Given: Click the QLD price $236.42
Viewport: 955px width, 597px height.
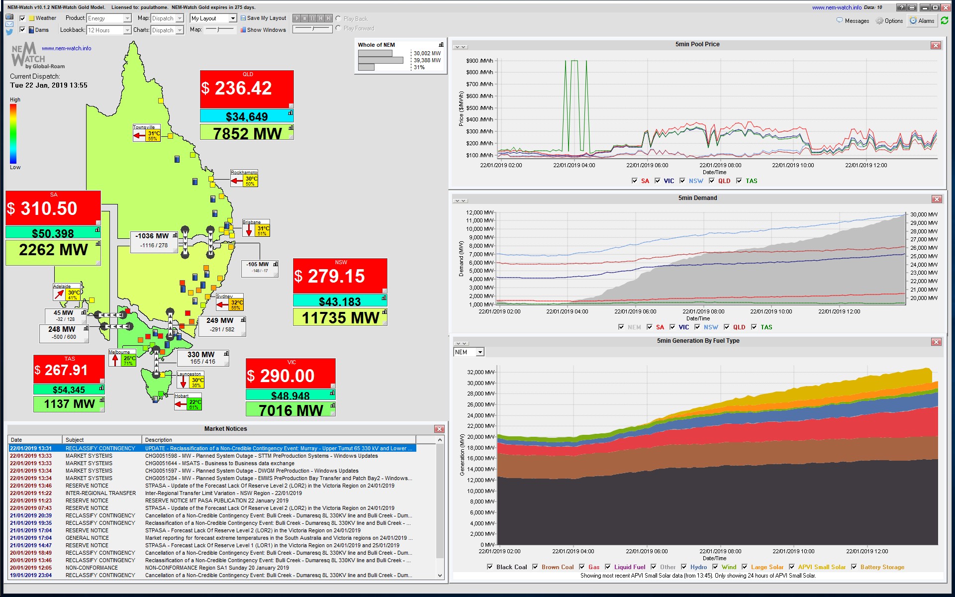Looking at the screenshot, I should tap(243, 89).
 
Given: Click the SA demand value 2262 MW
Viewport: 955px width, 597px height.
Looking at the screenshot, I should tap(53, 250).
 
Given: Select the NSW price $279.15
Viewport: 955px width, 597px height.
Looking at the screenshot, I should tap(336, 276).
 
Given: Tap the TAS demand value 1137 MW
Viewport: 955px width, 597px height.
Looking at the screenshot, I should tap(69, 404).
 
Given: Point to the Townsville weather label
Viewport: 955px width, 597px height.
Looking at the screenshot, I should tap(143, 127).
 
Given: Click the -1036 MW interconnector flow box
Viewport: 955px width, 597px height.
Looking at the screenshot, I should tap(152, 236).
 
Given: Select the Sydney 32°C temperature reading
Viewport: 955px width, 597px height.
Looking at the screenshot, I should tap(237, 302).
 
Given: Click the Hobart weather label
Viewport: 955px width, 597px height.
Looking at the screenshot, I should tap(181, 396).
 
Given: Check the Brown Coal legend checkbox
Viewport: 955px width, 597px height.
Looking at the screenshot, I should tap(535, 567).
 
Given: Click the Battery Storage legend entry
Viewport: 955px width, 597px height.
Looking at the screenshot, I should tap(882, 567).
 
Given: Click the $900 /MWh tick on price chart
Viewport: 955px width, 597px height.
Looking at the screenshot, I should tap(479, 61).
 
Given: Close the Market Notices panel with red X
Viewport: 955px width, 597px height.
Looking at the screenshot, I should tap(439, 429).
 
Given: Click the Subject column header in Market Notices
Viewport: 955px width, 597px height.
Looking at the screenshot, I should tap(75, 440).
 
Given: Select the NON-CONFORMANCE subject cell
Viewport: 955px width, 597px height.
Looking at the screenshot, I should tap(92, 568).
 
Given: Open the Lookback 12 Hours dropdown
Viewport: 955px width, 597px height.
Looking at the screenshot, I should tap(127, 30).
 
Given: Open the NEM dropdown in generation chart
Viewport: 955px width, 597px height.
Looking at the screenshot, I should tap(480, 352).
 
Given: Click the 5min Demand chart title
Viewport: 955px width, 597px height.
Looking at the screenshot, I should tap(697, 198).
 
